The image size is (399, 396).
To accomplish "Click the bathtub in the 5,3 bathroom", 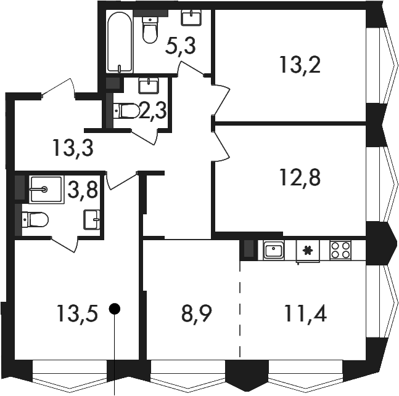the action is click(120, 41).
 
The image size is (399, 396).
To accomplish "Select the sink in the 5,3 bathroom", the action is click(191, 18).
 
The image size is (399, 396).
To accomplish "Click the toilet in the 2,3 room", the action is click(126, 111).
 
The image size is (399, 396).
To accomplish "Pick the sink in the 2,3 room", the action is click(149, 86).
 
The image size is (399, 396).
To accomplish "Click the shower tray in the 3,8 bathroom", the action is click(47, 189).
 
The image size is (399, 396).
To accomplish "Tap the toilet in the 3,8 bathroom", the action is click(35, 220).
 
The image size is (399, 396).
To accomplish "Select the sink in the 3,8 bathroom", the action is click(92, 219).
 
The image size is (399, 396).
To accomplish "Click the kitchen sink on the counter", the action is click(274, 250).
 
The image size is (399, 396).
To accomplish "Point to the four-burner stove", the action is click(340, 250).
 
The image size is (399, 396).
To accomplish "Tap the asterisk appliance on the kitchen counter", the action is click(308, 251).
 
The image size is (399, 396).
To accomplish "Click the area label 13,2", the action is click(300, 65).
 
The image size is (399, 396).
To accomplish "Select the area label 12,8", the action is click(300, 177).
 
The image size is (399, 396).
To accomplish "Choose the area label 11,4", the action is click(306, 313).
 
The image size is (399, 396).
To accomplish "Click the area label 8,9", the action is click(197, 314).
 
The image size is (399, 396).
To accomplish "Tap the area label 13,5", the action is click(77, 313).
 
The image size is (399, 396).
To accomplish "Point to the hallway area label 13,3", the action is click(73, 148).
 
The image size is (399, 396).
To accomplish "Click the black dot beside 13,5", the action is click(115, 309).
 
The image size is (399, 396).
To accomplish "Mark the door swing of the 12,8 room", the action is click(221, 145).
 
